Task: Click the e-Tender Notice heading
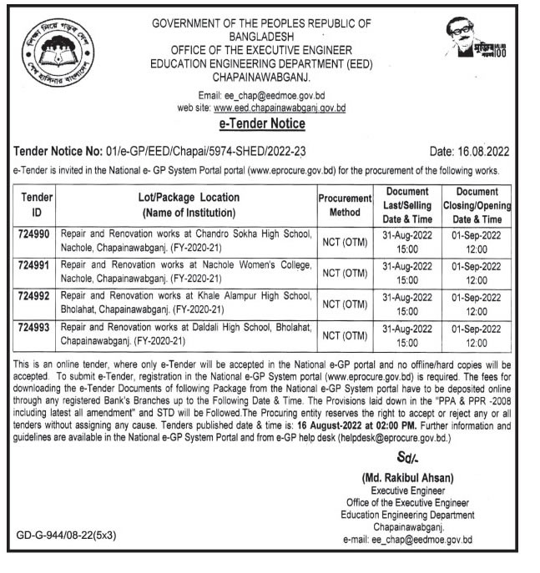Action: click(x=261, y=123)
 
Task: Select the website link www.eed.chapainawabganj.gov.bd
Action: click(x=280, y=108)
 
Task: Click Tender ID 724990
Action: click(x=34, y=235)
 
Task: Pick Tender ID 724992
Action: click(x=34, y=296)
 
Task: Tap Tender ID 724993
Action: click(x=34, y=327)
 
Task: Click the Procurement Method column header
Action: click(x=344, y=204)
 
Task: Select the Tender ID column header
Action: click(x=36, y=204)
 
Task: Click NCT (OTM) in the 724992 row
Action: click(x=344, y=304)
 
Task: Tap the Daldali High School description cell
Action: click(x=185, y=334)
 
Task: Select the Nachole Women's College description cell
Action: click(x=185, y=272)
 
